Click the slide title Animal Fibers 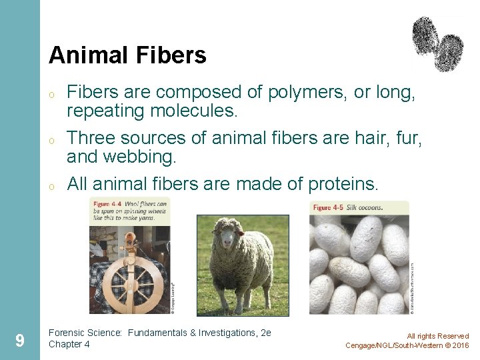click(127, 55)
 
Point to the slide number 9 click(20, 341)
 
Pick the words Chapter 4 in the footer click(69, 345)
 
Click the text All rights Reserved click(437, 336)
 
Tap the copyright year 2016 click(460, 345)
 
